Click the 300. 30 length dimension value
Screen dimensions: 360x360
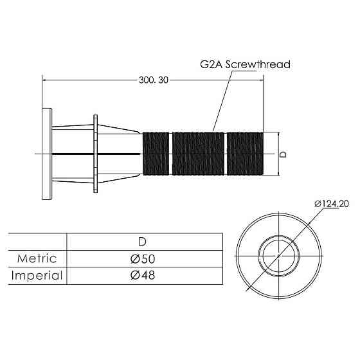(x=154, y=80)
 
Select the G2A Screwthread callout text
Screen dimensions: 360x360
(x=245, y=64)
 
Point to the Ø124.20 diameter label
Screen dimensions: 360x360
(x=332, y=204)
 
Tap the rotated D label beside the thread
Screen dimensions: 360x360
(x=283, y=154)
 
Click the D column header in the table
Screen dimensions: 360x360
(x=142, y=242)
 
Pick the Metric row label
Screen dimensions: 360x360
(x=37, y=258)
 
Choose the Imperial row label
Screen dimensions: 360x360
(x=37, y=275)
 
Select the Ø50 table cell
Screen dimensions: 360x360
(x=143, y=258)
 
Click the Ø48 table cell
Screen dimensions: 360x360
(x=143, y=275)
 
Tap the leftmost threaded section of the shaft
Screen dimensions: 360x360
(x=156, y=154)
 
